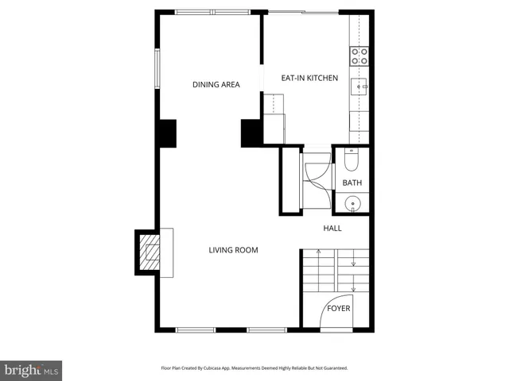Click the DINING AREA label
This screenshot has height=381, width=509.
tap(216, 85)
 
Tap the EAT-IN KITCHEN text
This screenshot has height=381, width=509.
tap(310, 79)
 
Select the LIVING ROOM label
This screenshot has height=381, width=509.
tap(233, 251)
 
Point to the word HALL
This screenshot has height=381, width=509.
tap(332, 229)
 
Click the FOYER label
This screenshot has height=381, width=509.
tap(339, 308)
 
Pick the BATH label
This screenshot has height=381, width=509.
tap(352, 183)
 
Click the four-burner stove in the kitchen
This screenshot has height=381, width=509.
tap(359, 56)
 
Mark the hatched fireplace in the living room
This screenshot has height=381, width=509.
tap(149, 252)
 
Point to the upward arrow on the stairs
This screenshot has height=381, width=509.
tap(318, 253)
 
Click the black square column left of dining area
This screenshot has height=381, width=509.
tap(166, 133)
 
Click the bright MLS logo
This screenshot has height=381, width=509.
tap(31, 370)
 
